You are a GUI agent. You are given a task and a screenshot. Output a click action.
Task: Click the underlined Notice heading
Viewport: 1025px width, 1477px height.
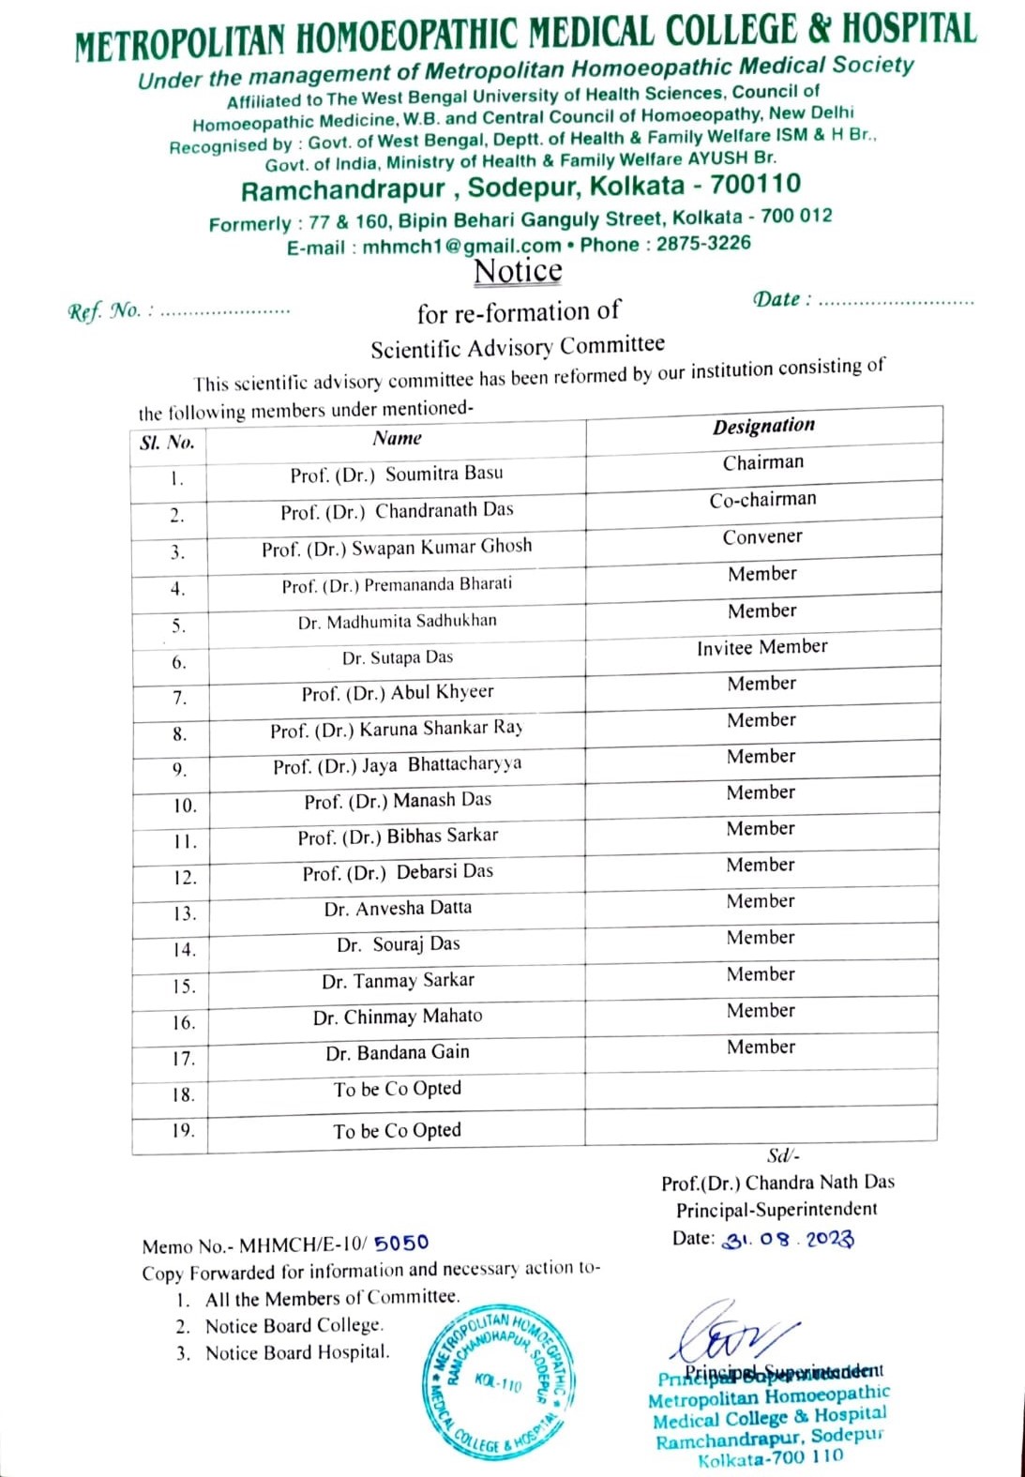[518, 271]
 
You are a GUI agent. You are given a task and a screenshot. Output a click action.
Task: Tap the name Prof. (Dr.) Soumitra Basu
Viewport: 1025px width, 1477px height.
[397, 475]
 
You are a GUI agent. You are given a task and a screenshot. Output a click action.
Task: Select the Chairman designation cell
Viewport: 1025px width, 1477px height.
[763, 462]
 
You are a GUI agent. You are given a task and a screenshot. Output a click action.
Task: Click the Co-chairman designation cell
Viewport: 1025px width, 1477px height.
[762, 500]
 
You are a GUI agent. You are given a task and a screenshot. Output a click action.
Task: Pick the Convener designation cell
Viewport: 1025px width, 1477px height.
[762, 537]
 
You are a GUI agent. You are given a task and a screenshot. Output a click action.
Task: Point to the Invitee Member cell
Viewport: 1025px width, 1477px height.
[761, 647]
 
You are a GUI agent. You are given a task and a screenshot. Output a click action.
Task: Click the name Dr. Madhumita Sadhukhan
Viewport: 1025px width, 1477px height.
[398, 621]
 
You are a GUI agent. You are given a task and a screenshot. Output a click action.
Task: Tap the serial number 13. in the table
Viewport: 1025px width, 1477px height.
[184, 913]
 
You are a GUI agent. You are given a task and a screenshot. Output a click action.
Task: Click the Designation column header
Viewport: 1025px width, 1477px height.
[763, 426]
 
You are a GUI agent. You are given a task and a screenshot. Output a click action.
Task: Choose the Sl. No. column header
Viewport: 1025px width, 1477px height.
[167, 443]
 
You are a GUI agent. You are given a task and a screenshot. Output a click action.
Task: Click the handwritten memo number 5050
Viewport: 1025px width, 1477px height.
[401, 1243]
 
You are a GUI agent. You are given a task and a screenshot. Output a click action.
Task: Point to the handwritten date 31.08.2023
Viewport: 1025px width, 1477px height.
[788, 1239]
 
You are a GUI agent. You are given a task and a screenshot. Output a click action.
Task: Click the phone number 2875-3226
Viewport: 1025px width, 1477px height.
[703, 244]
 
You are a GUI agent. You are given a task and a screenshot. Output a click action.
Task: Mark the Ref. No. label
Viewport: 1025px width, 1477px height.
[103, 311]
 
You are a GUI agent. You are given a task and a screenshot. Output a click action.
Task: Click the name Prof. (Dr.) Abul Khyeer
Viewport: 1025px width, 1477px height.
[398, 693]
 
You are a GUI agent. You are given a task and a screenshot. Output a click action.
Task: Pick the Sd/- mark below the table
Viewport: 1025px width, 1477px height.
[782, 1156]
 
